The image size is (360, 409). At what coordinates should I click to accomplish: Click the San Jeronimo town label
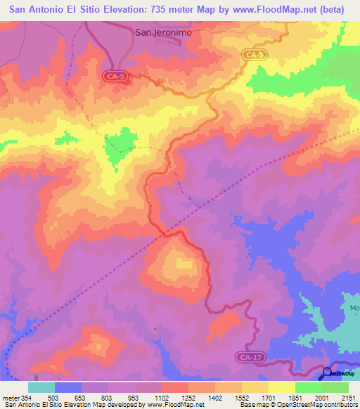162,32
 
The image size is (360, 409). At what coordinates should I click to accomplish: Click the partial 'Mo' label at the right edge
354,308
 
